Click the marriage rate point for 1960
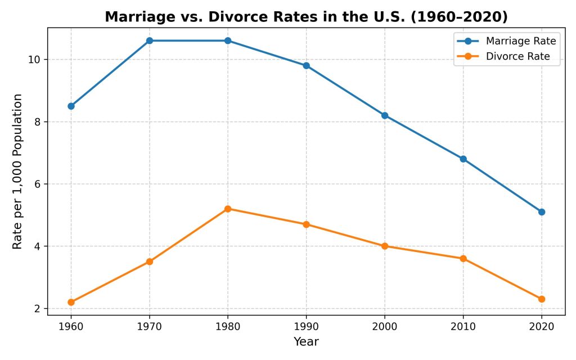point(71,106)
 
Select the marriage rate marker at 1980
point(228,40)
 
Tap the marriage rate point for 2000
point(385,115)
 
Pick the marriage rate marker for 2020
point(542,212)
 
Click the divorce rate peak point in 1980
point(228,209)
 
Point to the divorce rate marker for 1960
point(71,302)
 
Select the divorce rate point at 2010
point(463,259)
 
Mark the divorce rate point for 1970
point(150,262)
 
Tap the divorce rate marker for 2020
point(542,299)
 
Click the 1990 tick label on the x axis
point(306,327)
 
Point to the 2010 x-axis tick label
point(463,327)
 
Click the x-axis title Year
point(306,341)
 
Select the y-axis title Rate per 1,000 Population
point(18,172)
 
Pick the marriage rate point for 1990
point(306,65)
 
